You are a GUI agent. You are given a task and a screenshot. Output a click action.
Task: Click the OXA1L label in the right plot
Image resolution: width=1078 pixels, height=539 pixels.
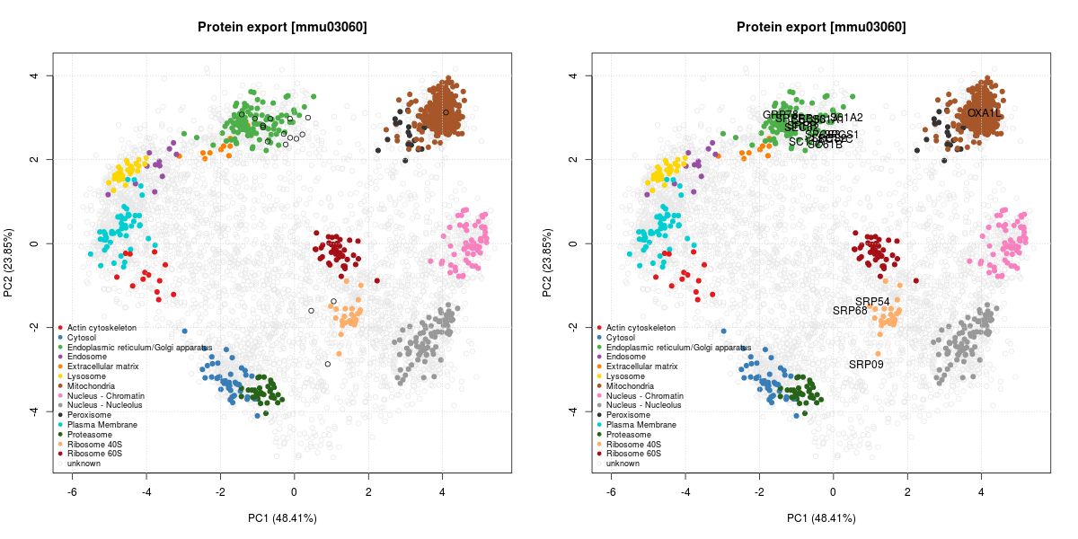pos(984,113)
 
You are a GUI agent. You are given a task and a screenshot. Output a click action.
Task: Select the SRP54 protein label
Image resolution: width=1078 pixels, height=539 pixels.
pos(872,302)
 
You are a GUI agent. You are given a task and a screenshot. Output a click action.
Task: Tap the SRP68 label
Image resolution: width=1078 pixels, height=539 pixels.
pos(850,311)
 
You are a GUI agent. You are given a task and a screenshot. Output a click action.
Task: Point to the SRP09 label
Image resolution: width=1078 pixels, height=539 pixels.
pos(866,365)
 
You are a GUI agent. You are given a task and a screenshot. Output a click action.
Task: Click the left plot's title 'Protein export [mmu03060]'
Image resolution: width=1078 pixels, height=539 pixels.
pos(282,27)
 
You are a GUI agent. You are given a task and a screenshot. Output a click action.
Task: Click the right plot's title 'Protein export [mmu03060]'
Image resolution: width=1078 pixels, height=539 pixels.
pos(821,27)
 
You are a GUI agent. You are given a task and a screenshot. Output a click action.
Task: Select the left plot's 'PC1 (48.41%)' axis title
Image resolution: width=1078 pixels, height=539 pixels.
pos(282,518)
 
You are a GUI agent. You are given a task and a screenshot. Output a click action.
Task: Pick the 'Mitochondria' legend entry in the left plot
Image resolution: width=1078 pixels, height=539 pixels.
pos(92,386)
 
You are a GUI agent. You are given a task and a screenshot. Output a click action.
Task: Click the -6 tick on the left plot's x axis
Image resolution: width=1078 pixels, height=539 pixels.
pos(72,491)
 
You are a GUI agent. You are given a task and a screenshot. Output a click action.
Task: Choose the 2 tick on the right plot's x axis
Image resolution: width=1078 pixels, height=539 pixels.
pos(907,491)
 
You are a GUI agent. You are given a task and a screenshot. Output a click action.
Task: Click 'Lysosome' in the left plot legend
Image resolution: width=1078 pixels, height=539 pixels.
pos(87,376)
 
